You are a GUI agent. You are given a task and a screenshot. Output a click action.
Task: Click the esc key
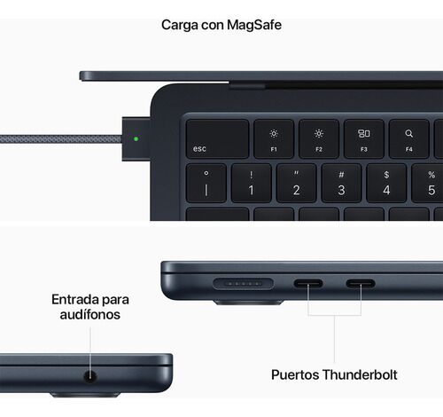coord(217,138)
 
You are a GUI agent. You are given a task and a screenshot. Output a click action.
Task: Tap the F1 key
coord(274,138)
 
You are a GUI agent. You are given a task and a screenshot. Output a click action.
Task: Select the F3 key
coord(364,138)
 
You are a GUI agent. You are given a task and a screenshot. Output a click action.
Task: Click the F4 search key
coord(409,138)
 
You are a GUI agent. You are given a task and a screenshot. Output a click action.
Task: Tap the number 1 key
coord(251,183)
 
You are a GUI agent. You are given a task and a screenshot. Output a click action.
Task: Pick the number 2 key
coord(296,183)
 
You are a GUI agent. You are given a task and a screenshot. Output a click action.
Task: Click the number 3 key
coord(341,183)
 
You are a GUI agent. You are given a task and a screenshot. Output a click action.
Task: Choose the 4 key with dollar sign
coord(386,183)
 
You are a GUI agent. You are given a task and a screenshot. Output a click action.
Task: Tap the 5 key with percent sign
coord(427,183)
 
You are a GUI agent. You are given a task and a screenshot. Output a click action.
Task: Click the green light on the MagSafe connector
coord(136,138)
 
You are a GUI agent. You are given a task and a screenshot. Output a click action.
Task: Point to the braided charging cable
coord(61,139)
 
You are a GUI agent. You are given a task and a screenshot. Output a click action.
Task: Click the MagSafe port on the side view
coord(243,284)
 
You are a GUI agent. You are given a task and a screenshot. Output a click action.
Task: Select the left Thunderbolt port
coord(308,284)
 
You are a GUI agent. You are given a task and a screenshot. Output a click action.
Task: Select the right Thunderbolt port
coord(361,284)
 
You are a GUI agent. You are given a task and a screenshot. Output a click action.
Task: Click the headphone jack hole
coord(90,376)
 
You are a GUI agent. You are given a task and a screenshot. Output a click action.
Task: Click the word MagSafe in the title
coord(254,25)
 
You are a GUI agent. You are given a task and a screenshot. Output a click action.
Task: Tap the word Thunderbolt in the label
coord(360,374)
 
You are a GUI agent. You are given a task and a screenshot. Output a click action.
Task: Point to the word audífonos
coord(90,314)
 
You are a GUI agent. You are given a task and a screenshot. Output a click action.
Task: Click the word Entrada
coord(74,299)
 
